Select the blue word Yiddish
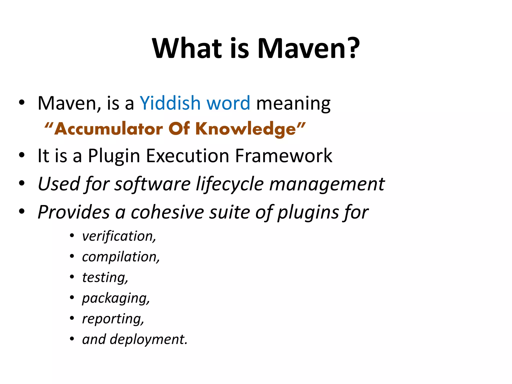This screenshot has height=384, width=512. pos(170,103)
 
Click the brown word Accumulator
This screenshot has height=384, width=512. pos(108,129)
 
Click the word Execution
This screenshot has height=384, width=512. pos(187,155)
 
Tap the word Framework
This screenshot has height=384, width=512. pos(284,155)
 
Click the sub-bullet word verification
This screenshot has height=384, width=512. pos(118,236)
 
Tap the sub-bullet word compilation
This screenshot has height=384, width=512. pos(120,257)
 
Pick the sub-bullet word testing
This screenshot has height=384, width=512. pos(104,278)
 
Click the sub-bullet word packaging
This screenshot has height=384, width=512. pos(115,298)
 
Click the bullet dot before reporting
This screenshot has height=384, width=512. pos(72,318)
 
